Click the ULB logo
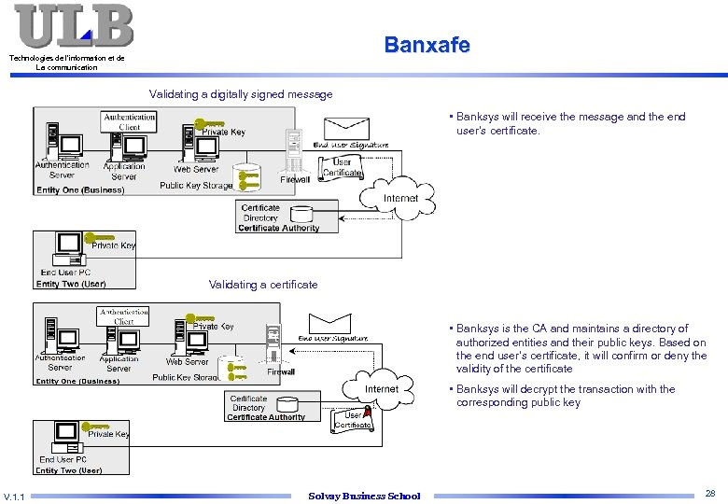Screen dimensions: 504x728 74,26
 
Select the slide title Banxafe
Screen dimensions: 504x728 427,45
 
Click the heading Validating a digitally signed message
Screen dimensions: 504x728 241,94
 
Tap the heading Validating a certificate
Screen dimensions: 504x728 262,285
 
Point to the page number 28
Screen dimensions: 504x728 710,492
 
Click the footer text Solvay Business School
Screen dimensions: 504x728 364,496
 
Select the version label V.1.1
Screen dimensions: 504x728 14,496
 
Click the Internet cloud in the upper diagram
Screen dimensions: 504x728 400,199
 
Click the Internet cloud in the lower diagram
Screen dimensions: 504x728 381,389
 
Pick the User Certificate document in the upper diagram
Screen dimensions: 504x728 342,167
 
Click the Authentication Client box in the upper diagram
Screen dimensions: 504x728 129,122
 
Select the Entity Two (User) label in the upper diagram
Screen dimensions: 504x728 71,284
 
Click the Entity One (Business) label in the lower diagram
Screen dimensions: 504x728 77,381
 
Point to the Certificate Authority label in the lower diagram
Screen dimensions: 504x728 265,417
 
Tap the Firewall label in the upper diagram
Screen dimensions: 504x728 295,180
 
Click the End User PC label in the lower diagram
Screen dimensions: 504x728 63,459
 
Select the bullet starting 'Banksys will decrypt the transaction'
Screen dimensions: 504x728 565,396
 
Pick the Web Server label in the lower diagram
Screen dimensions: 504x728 187,362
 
